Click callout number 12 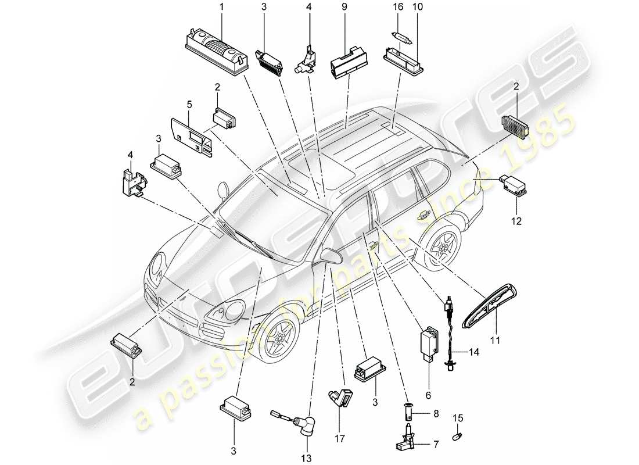pos(516,221)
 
